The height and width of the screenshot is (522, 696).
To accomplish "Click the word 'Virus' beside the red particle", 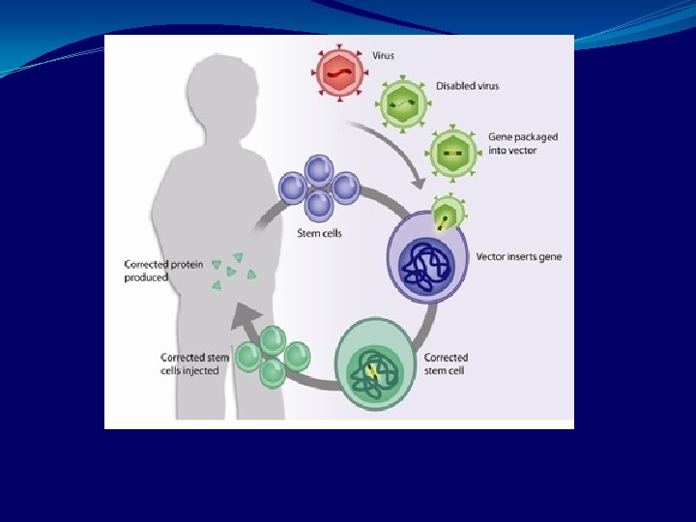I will (x=383, y=55).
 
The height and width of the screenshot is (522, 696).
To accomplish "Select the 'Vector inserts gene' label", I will (x=518, y=257).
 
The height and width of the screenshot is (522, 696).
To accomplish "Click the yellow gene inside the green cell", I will (x=371, y=370).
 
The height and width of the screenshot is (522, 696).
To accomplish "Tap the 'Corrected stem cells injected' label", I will (x=195, y=364).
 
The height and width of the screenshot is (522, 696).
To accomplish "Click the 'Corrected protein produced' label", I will (x=163, y=271).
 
